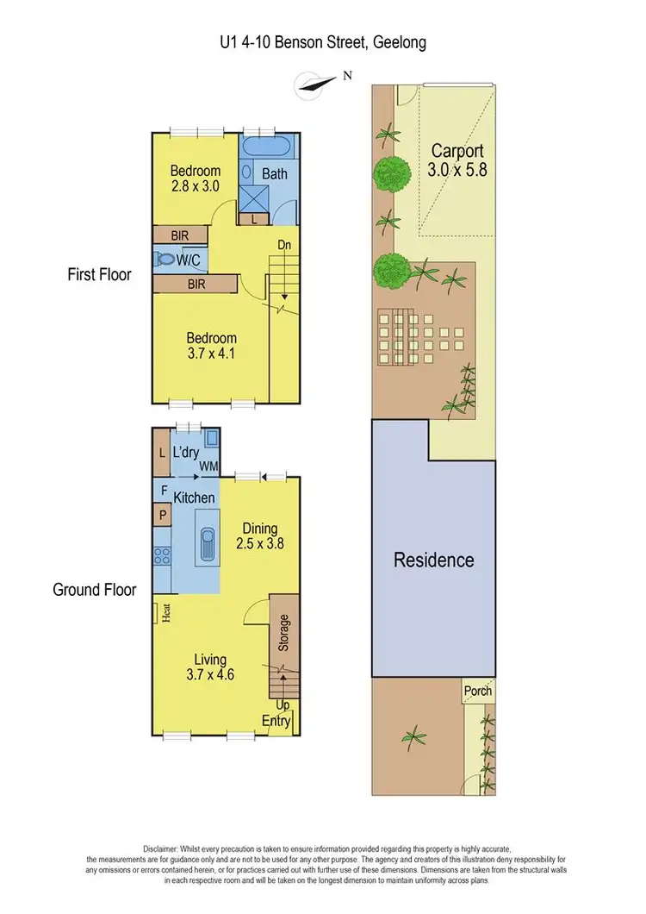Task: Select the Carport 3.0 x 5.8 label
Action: pyautogui.click(x=457, y=160)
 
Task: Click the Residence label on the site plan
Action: pyautogui.click(x=434, y=560)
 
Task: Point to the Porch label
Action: pyautogui.click(x=478, y=691)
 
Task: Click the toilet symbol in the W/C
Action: pyautogui.click(x=165, y=259)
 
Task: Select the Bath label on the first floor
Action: pyautogui.click(x=275, y=173)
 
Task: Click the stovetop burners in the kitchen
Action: pyautogui.click(x=162, y=555)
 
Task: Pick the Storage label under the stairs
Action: pyautogui.click(x=283, y=633)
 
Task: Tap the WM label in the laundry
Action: pyautogui.click(x=208, y=466)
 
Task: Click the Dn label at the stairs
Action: pyautogui.click(x=284, y=245)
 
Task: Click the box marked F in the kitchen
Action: pyautogui.click(x=162, y=490)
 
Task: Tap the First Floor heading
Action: pyautogui.click(x=99, y=275)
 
